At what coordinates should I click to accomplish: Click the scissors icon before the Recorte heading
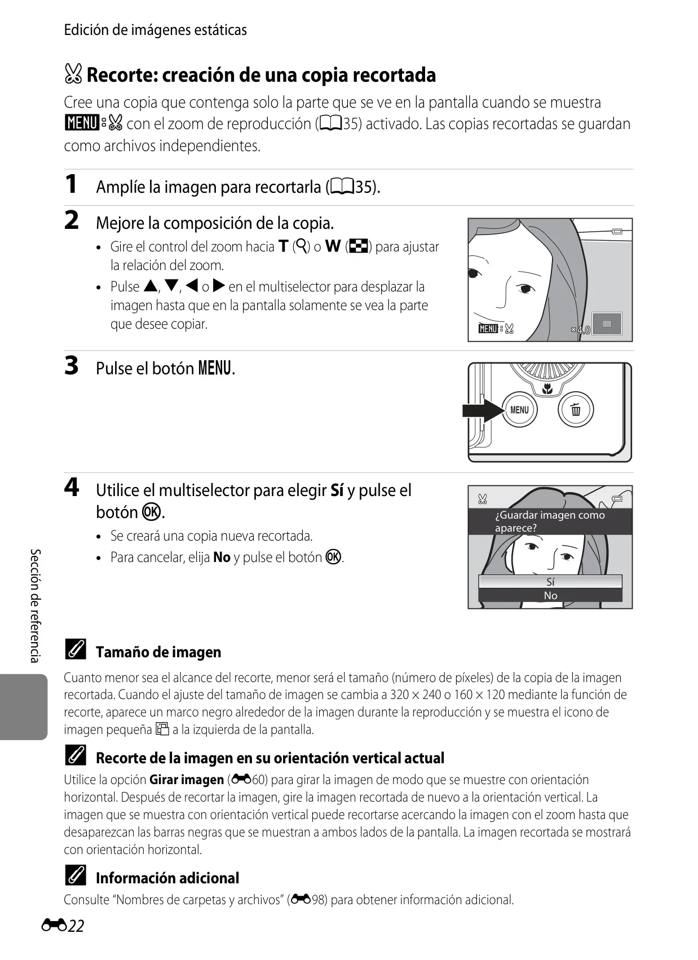click(x=73, y=74)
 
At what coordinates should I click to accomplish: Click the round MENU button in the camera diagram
click(x=519, y=410)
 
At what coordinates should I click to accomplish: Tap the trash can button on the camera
click(x=576, y=410)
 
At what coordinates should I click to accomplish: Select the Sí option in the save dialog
click(x=550, y=582)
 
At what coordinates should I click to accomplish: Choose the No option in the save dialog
click(x=550, y=595)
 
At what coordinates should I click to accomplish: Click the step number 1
click(x=70, y=184)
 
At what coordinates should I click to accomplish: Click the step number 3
click(x=72, y=366)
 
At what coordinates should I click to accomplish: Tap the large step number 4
click(x=72, y=487)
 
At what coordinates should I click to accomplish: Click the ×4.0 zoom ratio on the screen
click(x=581, y=330)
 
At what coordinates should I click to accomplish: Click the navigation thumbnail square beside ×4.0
click(x=607, y=324)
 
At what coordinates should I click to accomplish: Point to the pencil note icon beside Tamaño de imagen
click(x=76, y=649)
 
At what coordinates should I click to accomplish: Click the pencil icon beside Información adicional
click(x=76, y=875)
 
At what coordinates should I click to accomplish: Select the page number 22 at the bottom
click(x=76, y=926)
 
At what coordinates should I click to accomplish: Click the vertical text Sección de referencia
click(x=35, y=605)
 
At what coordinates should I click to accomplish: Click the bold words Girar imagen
click(x=187, y=779)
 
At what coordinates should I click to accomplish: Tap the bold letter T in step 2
click(x=283, y=246)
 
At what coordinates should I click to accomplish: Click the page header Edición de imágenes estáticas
click(x=155, y=30)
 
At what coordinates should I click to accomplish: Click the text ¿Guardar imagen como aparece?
click(x=550, y=521)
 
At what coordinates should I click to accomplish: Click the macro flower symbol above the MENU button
click(x=547, y=389)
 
